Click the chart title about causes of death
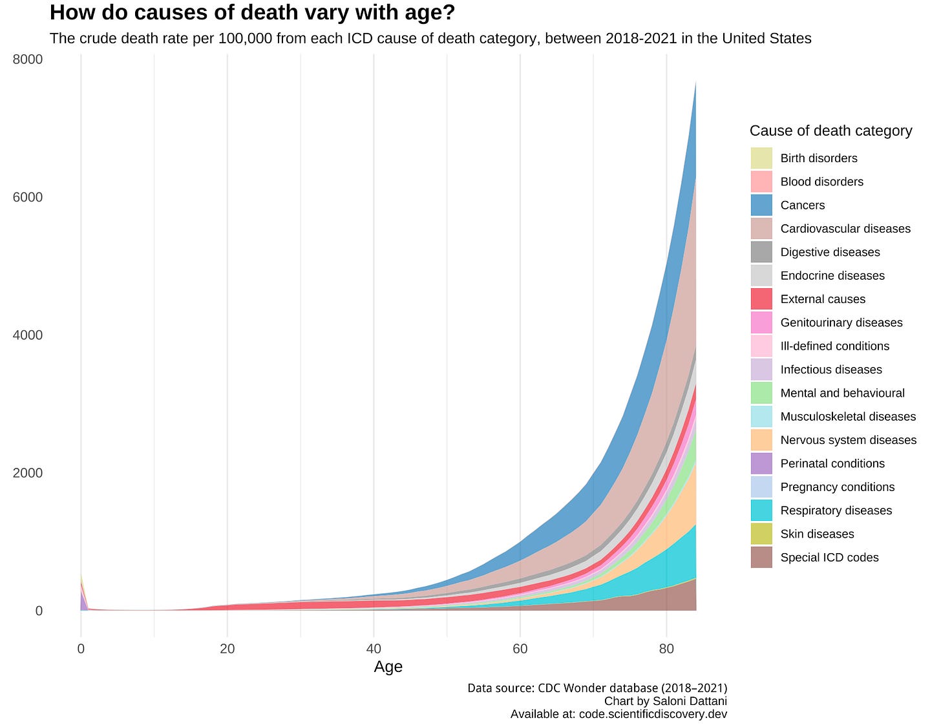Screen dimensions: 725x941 click(252, 12)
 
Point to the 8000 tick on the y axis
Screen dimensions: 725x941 click(28, 59)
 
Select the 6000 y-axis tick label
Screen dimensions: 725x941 click(28, 197)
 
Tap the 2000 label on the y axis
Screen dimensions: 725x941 click(28, 473)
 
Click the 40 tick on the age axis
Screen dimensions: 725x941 click(374, 649)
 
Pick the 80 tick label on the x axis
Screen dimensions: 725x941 click(666, 649)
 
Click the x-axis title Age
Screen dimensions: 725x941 click(388, 667)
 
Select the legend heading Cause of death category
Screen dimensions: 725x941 click(830, 131)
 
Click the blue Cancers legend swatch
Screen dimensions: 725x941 click(761, 205)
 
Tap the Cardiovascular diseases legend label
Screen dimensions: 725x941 click(845, 229)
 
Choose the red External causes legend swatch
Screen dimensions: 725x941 click(761, 299)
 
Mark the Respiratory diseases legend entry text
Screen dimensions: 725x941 click(836, 510)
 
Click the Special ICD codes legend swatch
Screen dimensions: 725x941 click(761, 557)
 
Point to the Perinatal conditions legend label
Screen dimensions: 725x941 click(832, 463)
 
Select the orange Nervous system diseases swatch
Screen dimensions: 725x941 click(761, 440)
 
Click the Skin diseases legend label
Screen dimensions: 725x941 click(817, 534)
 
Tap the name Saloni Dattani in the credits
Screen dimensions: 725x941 click(691, 701)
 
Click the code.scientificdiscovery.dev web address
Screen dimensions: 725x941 click(653, 714)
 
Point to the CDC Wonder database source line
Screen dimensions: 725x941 click(597, 688)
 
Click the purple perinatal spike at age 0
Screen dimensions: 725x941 click(83, 602)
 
